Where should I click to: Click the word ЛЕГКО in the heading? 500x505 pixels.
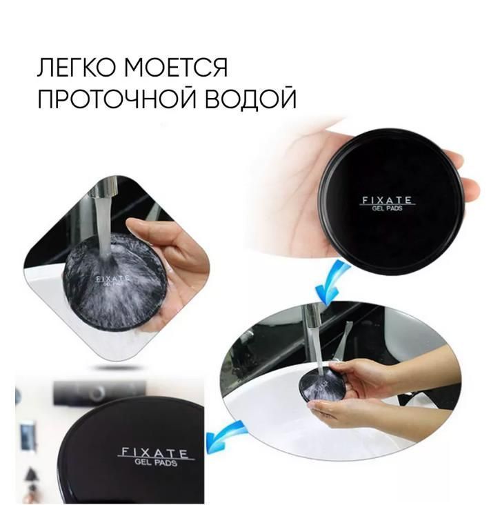click(x=77, y=68)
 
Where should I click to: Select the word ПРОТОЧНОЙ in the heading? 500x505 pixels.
click(x=117, y=97)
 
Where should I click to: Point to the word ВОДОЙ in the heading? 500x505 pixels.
click(x=250, y=97)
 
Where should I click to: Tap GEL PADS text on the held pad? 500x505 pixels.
click(x=387, y=208)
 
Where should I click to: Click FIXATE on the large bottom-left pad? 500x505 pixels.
click(x=153, y=453)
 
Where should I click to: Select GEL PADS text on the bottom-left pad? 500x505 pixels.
click(x=155, y=463)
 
